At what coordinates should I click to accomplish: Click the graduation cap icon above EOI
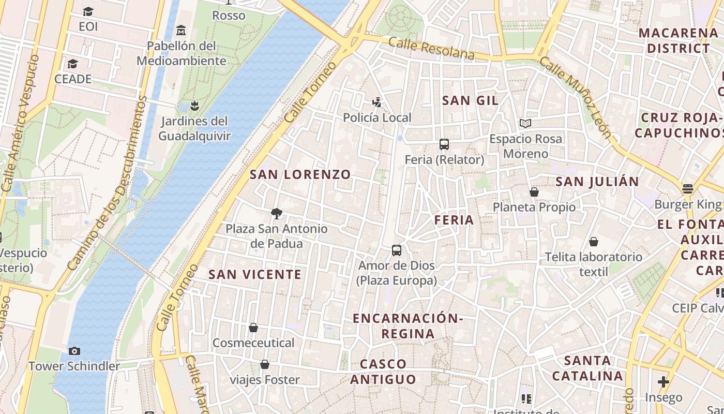pos(88,11)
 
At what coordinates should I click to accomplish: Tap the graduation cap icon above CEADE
pos(72,64)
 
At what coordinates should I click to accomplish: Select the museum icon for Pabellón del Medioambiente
pos(180,31)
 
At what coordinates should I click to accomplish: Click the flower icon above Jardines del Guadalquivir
pos(194,106)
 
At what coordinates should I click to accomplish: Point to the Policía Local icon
pos(377,102)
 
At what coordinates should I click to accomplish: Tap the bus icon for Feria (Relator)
pos(444,144)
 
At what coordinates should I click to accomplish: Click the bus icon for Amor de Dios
pos(397,250)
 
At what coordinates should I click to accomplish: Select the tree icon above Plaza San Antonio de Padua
pos(277,213)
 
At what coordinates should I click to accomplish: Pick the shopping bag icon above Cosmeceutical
pos(253,328)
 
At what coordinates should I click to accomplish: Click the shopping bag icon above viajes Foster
pos(265,364)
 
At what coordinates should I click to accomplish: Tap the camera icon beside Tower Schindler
pos(74,351)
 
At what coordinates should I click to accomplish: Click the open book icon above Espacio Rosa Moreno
pos(525,123)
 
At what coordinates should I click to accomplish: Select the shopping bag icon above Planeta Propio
pos(534,192)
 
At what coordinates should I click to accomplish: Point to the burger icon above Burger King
pos(687,189)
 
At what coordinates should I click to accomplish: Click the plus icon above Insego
pos(663,382)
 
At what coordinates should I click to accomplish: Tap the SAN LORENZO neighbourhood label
pos(300,174)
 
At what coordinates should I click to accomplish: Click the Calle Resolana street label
pos(431,48)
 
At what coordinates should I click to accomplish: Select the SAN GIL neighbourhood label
pos(471,100)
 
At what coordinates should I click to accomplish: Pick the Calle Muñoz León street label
pos(576,98)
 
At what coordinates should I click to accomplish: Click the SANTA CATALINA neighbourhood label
pos(587,368)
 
